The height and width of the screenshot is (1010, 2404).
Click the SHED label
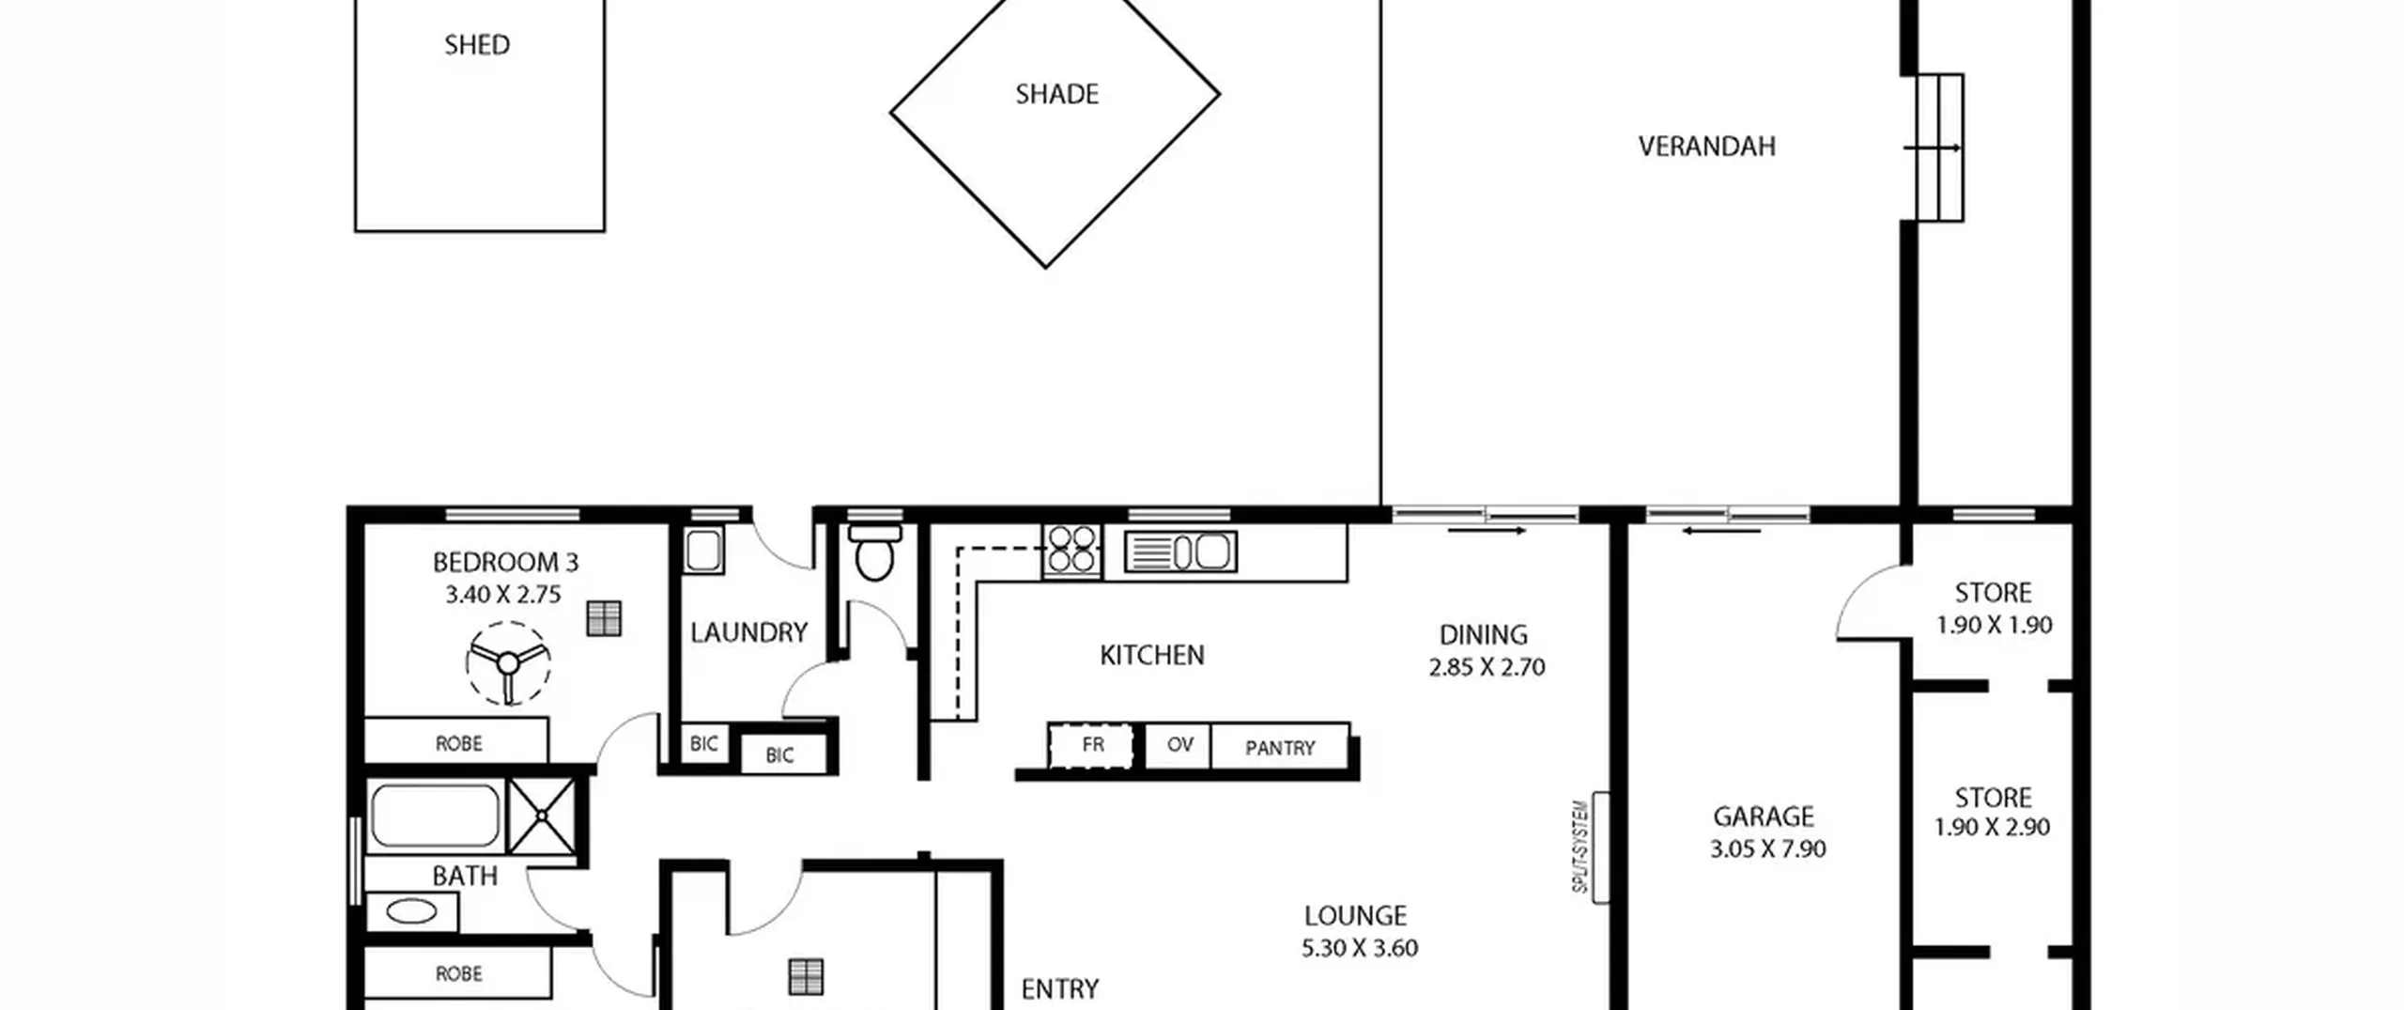pos(477,45)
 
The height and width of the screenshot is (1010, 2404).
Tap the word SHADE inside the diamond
pos(1056,94)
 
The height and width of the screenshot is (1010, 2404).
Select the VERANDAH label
pos(1706,147)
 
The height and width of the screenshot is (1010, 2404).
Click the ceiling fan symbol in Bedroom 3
pos(508,663)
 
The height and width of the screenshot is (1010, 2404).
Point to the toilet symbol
pos(874,552)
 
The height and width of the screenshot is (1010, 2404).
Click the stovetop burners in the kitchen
pos(1072,550)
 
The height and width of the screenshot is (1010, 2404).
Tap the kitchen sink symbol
pos(1180,552)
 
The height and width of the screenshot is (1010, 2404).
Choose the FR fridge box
pos(1090,746)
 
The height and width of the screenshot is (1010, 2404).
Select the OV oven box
pos(1179,746)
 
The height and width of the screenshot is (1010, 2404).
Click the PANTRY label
pos(1280,749)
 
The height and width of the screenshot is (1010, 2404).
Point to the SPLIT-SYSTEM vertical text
pos(1580,847)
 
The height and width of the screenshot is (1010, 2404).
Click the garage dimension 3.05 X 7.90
pos(1767,849)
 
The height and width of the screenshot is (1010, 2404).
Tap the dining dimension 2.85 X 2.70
pos(1487,668)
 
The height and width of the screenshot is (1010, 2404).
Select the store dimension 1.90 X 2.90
pos(1992,828)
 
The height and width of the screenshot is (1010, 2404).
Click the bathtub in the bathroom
pos(435,816)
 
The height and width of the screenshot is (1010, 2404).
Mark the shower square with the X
pos(543,816)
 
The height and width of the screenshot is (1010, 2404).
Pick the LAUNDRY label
pos(748,633)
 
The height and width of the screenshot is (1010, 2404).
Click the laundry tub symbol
pos(703,551)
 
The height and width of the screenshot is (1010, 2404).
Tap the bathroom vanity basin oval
pos(411,911)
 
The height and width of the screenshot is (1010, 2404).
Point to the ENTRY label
pos(1059,989)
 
